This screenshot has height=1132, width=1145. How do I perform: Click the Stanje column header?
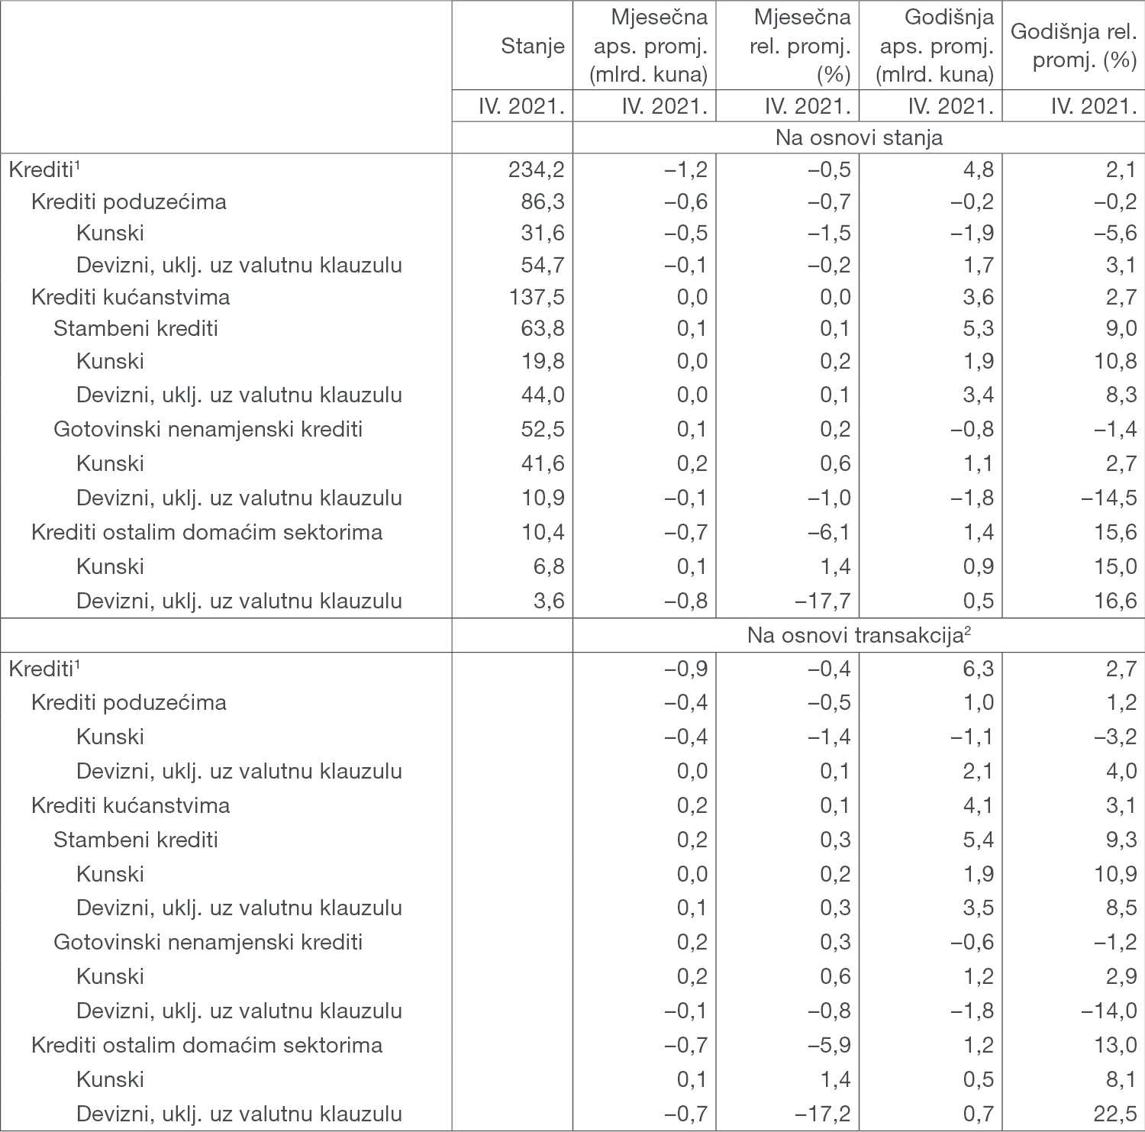[x=532, y=46]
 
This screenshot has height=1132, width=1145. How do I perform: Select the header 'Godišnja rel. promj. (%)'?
[x=1073, y=46]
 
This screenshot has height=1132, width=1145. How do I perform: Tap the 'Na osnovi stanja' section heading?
[x=859, y=137]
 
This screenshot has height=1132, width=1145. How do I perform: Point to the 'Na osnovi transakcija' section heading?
[x=859, y=635]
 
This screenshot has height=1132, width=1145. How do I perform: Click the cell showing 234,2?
[x=536, y=169]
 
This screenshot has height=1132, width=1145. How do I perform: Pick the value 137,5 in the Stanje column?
[x=536, y=297]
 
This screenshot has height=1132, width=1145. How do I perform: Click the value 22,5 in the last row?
[x=1115, y=1114]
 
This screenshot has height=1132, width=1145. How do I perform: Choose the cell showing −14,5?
[x=1108, y=498]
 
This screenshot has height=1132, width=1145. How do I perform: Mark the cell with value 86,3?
[x=542, y=202]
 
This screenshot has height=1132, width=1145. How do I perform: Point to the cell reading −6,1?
[x=829, y=532]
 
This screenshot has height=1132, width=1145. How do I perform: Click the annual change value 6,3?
[x=978, y=669]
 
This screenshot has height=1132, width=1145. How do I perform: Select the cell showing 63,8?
[x=542, y=328]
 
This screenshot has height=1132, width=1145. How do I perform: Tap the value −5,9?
[x=829, y=1045]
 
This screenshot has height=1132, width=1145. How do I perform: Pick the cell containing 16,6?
[x=1115, y=601]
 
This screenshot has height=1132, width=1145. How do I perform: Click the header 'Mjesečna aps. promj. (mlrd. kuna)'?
[x=650, y=46]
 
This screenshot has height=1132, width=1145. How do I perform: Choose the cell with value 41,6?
[x=542, y=463]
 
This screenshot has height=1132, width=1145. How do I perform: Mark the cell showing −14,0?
[x=1108, y=1011]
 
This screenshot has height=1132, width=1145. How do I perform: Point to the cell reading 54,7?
[x=542, y=265]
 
